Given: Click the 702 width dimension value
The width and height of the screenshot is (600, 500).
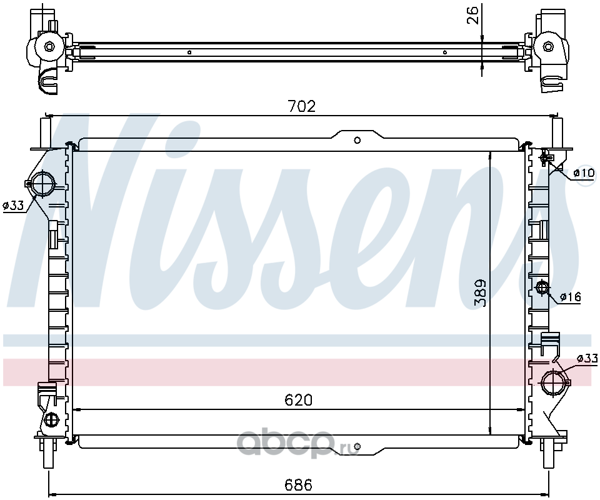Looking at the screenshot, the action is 302,106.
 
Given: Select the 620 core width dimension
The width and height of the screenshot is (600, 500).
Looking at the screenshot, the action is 299,400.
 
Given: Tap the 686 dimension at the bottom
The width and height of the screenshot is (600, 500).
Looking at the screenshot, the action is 299,485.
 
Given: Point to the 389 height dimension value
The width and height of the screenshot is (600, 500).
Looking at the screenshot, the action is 480,292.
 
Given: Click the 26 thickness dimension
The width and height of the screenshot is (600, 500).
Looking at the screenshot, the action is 474,14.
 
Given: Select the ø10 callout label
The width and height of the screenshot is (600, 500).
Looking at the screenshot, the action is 584,173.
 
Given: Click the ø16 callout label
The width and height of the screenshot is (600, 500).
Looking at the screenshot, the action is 570,296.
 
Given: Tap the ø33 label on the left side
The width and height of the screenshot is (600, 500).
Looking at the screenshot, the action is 14,206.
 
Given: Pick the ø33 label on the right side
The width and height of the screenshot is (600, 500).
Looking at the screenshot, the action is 587,359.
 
